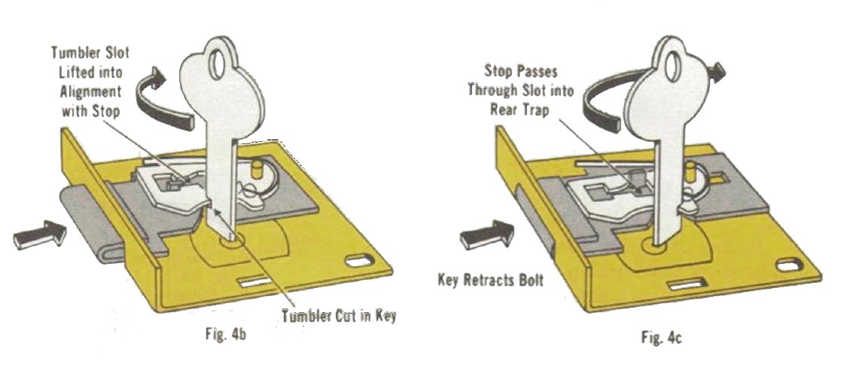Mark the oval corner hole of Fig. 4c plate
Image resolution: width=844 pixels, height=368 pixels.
pos(792,265)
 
